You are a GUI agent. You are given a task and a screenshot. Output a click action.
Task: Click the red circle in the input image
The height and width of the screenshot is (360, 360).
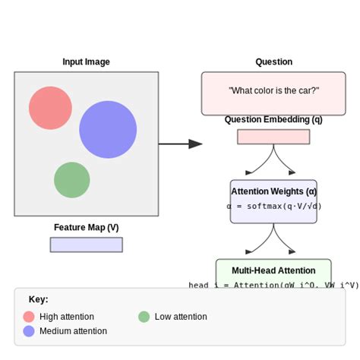[50, 108]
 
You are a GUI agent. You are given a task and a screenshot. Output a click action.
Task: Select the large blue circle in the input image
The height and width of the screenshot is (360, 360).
[108, 129]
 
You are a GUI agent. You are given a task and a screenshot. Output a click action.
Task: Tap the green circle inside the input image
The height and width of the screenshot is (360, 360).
[72, 180]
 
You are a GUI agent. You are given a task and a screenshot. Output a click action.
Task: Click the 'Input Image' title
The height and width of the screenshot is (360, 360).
[86, 62]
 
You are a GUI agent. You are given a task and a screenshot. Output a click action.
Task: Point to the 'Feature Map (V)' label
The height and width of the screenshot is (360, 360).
[86, 227]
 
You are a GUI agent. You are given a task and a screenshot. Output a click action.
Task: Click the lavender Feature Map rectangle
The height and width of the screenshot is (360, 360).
[86, 245]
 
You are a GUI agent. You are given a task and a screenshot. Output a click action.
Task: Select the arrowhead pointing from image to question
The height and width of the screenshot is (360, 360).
[195, 144]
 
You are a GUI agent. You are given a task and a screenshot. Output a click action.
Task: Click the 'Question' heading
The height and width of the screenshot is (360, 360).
[273, 62]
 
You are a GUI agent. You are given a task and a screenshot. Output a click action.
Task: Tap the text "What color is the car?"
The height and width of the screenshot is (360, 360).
[273, 91]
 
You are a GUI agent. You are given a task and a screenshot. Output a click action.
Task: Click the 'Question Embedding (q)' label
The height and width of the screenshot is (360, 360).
[273, 120]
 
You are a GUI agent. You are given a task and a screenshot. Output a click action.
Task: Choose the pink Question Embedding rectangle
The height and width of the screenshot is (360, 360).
[273, 137]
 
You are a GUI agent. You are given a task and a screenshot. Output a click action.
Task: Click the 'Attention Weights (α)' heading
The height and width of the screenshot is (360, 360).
[273, 191]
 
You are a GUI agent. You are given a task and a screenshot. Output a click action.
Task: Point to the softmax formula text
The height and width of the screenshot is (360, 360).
[273, 207]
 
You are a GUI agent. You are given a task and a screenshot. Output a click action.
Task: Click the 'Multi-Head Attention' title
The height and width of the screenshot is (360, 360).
[273, 270]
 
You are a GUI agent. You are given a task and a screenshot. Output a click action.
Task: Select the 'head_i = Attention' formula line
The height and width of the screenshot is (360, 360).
[273, 286]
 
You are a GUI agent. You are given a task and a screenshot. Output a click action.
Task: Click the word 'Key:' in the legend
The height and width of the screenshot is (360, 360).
[38, 299]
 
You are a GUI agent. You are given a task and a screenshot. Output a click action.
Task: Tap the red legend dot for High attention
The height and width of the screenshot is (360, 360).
[29, 317]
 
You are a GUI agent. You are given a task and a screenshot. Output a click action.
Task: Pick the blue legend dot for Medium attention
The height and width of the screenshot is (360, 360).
[29, 331]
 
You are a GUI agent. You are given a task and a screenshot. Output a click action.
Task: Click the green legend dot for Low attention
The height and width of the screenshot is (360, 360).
[144, 317]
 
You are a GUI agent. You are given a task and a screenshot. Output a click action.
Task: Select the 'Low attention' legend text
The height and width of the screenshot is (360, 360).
[180, 317]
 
